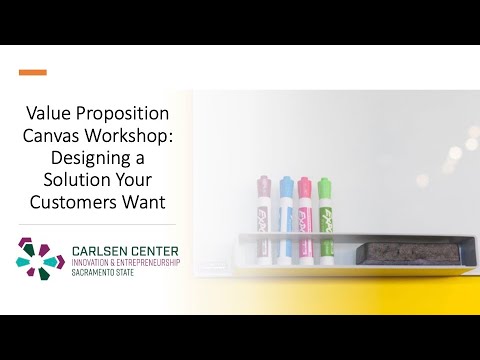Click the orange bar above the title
[33, 72]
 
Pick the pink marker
[304, 205]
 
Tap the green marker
[324, 205]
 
